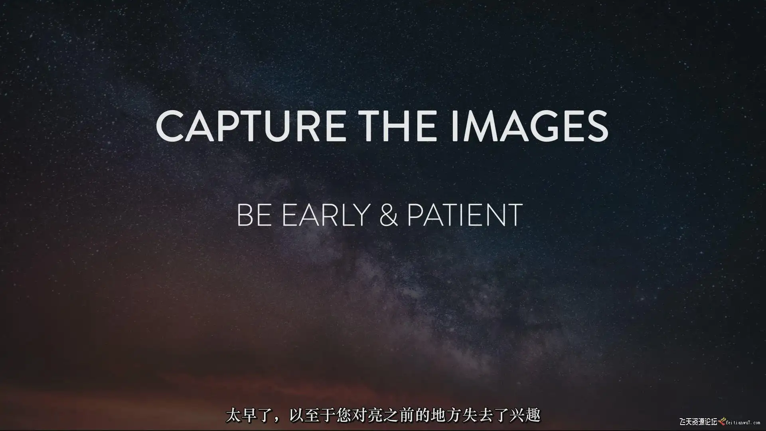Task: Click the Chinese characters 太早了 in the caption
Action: [248, 415]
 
